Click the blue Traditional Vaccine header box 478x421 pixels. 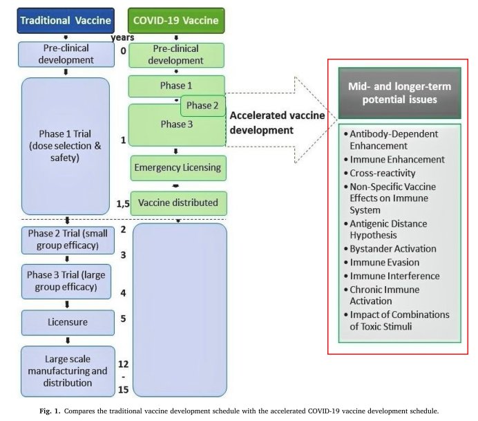pyautogui.click(x=66, y=21)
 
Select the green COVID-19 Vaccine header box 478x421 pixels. pyautogui.click(x=176, y=21)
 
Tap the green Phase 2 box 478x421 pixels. pyautogui.click(x=203, y=106)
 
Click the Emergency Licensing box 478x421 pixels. pyautogui.click(x=178, y=168)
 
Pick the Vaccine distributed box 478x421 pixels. pyautogui.click(x=179, y=203)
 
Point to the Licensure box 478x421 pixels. pyautogui.click(x=68, y=322)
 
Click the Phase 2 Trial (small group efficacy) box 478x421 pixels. pyautogui.click(x=68, y=240)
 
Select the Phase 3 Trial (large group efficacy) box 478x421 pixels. pyautogui.click(x=66, y=281)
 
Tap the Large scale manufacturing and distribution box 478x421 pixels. pyautogui.click(x=68, y=371)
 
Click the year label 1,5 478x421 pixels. pyautogui.click(x=123, y=204)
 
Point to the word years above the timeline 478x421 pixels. pyautogui.click(x=122, y=37)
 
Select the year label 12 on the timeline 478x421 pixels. pyautogui.click(x=123, y=364)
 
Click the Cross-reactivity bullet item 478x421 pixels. pyautogui.click(x=379, y=173)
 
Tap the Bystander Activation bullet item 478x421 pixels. pyautogui.click(x=390, y=249)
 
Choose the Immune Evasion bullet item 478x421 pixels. pyautogui.click(x=381, y=263)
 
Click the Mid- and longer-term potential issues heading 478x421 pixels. pyautogui.click(x=400, y=93)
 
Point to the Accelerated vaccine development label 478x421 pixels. pyautogui.click(x=277, y=122)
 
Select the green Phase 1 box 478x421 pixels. pyautogui.click(x=177, y=86)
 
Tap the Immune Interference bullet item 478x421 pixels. pyautogui.click(x=392, y=276)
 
